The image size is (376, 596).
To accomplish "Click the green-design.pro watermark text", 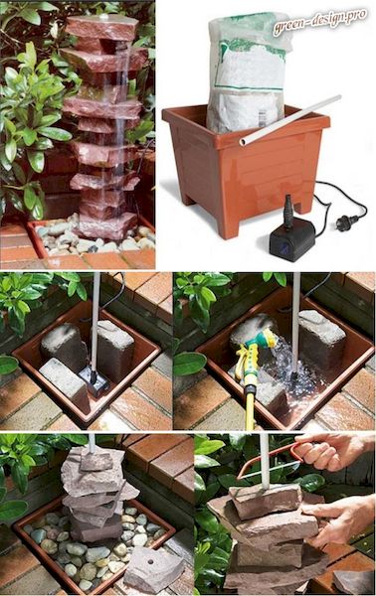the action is [x=319, y=21].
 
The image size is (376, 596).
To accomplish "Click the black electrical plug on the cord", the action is [x=346, y=221].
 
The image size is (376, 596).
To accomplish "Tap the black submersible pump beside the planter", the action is [x=292, y=236].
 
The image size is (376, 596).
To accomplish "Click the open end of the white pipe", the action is [x=243, y=142].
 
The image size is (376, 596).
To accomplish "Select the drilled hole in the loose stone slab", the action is [x=150, y=561].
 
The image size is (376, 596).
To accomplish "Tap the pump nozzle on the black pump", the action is [x=288, y=210].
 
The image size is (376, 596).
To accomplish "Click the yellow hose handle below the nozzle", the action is [x=250, y=399].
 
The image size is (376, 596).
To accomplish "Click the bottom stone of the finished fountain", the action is [x=107, y=225].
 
